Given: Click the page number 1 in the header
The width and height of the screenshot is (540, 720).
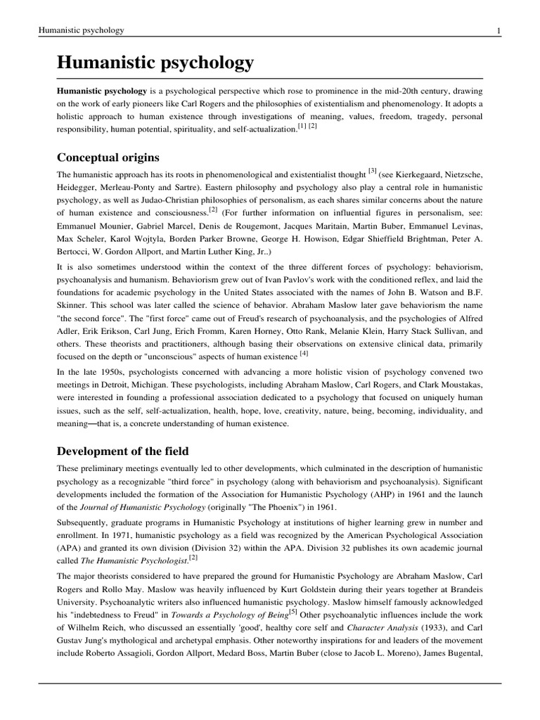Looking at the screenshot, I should (x=499, y=30).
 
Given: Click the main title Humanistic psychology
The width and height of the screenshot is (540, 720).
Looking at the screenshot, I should (x=155, y=64).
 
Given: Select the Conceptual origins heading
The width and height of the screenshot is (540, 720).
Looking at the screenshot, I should (x=108, y=156).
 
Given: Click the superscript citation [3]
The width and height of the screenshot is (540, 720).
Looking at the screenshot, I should (x=373, y=171).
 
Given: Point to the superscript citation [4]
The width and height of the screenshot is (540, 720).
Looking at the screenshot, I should (x=304, y=353).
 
